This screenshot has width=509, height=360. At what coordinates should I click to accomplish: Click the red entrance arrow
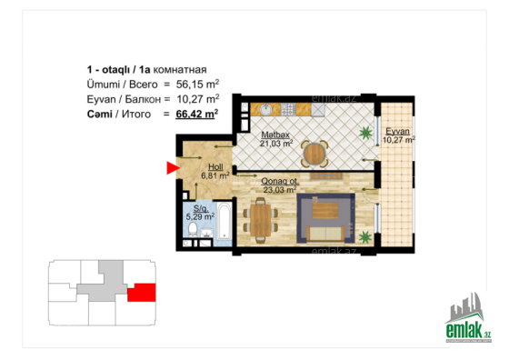tap(173, 168)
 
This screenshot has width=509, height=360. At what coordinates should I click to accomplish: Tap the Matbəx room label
tap(275, 135)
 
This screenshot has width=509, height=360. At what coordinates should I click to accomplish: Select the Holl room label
tap(215, 167)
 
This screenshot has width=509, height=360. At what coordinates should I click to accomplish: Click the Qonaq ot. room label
tap(280, 181)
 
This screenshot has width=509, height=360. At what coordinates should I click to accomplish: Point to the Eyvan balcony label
tap(397, 132)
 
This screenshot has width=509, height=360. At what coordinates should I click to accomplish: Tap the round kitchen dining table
tap(314, 154)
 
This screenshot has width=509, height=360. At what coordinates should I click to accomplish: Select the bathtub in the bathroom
tap(224, 221)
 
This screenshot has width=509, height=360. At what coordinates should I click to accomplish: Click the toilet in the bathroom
tap(193, 229)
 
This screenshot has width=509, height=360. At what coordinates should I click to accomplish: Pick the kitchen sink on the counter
tap(266, 109)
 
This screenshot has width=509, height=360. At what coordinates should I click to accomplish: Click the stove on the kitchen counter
tap(288, 109)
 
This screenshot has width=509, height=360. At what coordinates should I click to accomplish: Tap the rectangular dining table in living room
tap(260, 220)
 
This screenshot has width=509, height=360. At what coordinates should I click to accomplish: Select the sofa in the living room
tap(325, 234)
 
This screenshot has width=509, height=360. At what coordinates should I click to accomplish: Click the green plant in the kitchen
tap(365, 133)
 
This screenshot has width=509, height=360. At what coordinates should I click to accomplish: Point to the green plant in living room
tap(365, 236)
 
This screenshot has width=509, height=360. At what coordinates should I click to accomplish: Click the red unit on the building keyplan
tap(142, 293)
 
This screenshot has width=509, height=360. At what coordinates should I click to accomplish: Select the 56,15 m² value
tap(197, 84)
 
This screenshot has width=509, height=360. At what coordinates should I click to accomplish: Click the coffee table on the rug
tap(325, 211)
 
